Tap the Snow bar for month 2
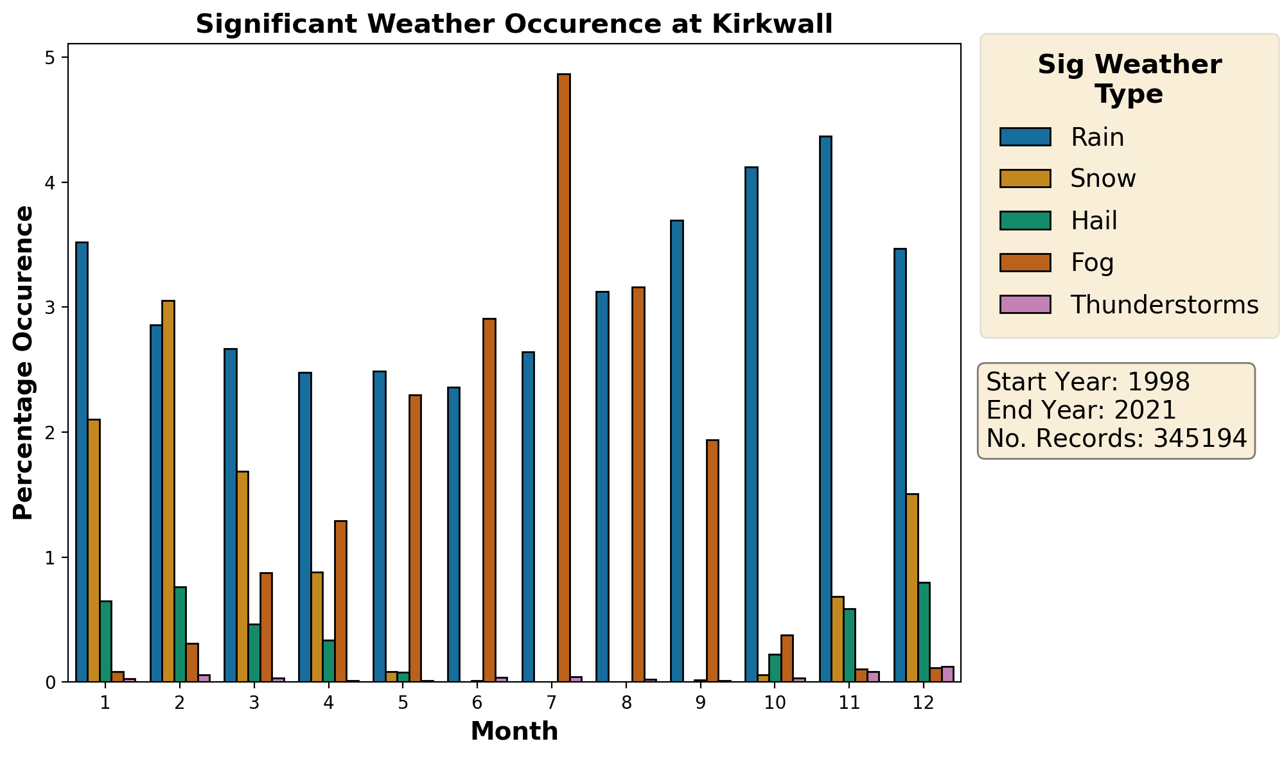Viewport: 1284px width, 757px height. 168,491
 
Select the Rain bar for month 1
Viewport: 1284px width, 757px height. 82,462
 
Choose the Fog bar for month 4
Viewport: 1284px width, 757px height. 340,601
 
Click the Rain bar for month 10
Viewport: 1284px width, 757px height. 751,424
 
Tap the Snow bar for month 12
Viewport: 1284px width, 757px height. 912,587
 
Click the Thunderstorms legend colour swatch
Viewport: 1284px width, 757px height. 1025,304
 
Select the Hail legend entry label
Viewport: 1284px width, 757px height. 1094,221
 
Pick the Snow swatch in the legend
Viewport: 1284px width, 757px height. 1025,178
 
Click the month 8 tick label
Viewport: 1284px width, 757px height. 626,703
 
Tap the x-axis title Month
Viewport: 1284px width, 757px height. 514,732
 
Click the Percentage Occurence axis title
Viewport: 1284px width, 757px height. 24,363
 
